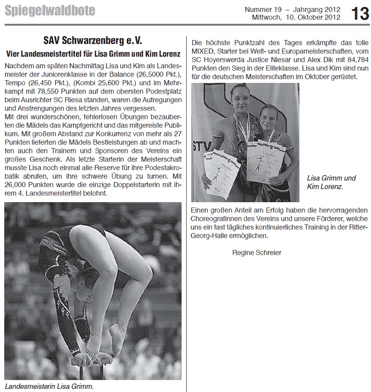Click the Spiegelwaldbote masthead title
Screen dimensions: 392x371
50,10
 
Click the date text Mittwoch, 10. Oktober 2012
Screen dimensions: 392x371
297,18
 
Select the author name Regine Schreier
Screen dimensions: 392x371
257,252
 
